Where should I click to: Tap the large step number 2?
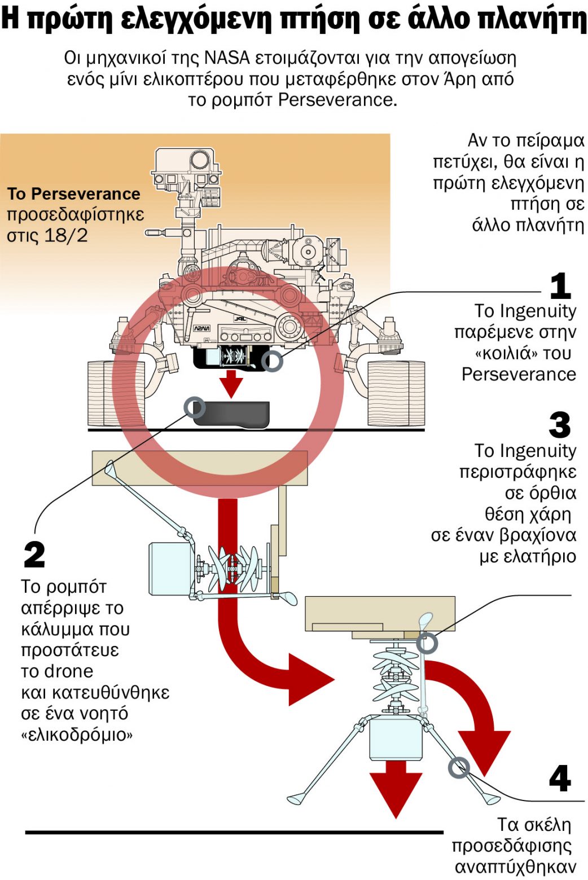[34, 555]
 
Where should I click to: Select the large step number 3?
[559, 425]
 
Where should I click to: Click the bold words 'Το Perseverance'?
[73, 194]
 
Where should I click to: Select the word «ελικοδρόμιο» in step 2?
[77, 734]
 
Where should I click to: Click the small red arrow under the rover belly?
[231, 384]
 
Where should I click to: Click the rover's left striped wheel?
[116, 393]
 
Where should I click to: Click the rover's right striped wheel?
[396, 393]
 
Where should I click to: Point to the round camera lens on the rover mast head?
[198, 160]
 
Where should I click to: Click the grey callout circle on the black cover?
[195, 407]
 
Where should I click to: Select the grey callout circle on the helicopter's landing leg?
[459, 767]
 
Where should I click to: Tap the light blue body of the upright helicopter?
[396, 738]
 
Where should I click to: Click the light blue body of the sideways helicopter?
[169, 568]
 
